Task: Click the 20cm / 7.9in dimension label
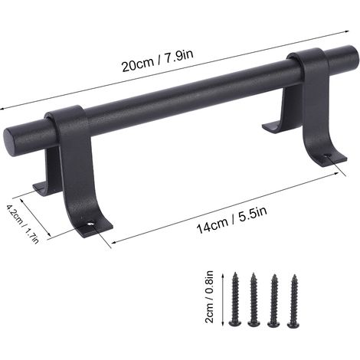tap(157, 61)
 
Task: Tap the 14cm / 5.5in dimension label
tap(231, 220)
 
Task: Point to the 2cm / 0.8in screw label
tap(209, 297)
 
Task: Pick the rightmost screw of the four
tap(293, 301)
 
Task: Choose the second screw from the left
tap(254, 299)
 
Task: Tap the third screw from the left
tap(274, 301)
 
